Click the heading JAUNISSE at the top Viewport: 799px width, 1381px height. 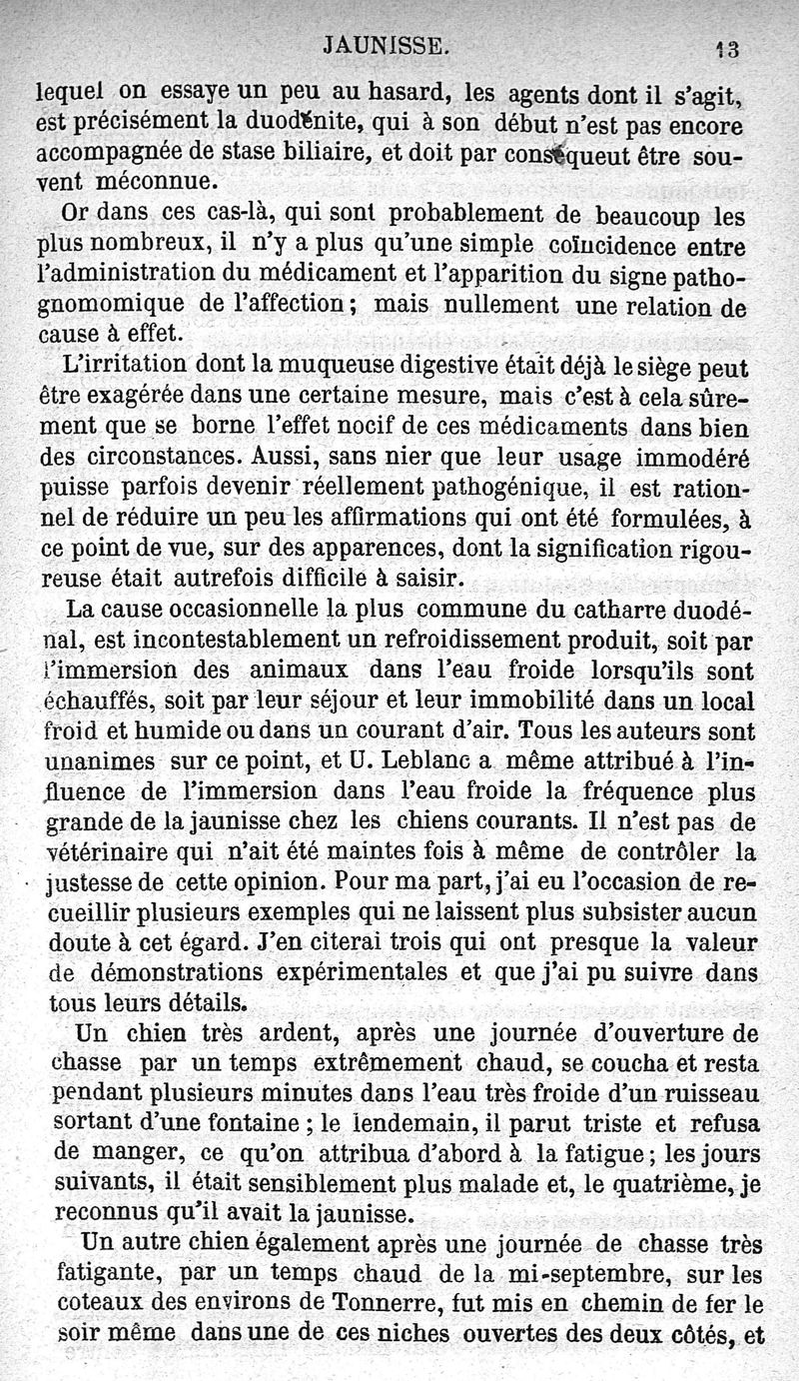pyautogui.click(x=390, y=45)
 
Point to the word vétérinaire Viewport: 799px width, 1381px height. pyautogui.click(x=105, y=852)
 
